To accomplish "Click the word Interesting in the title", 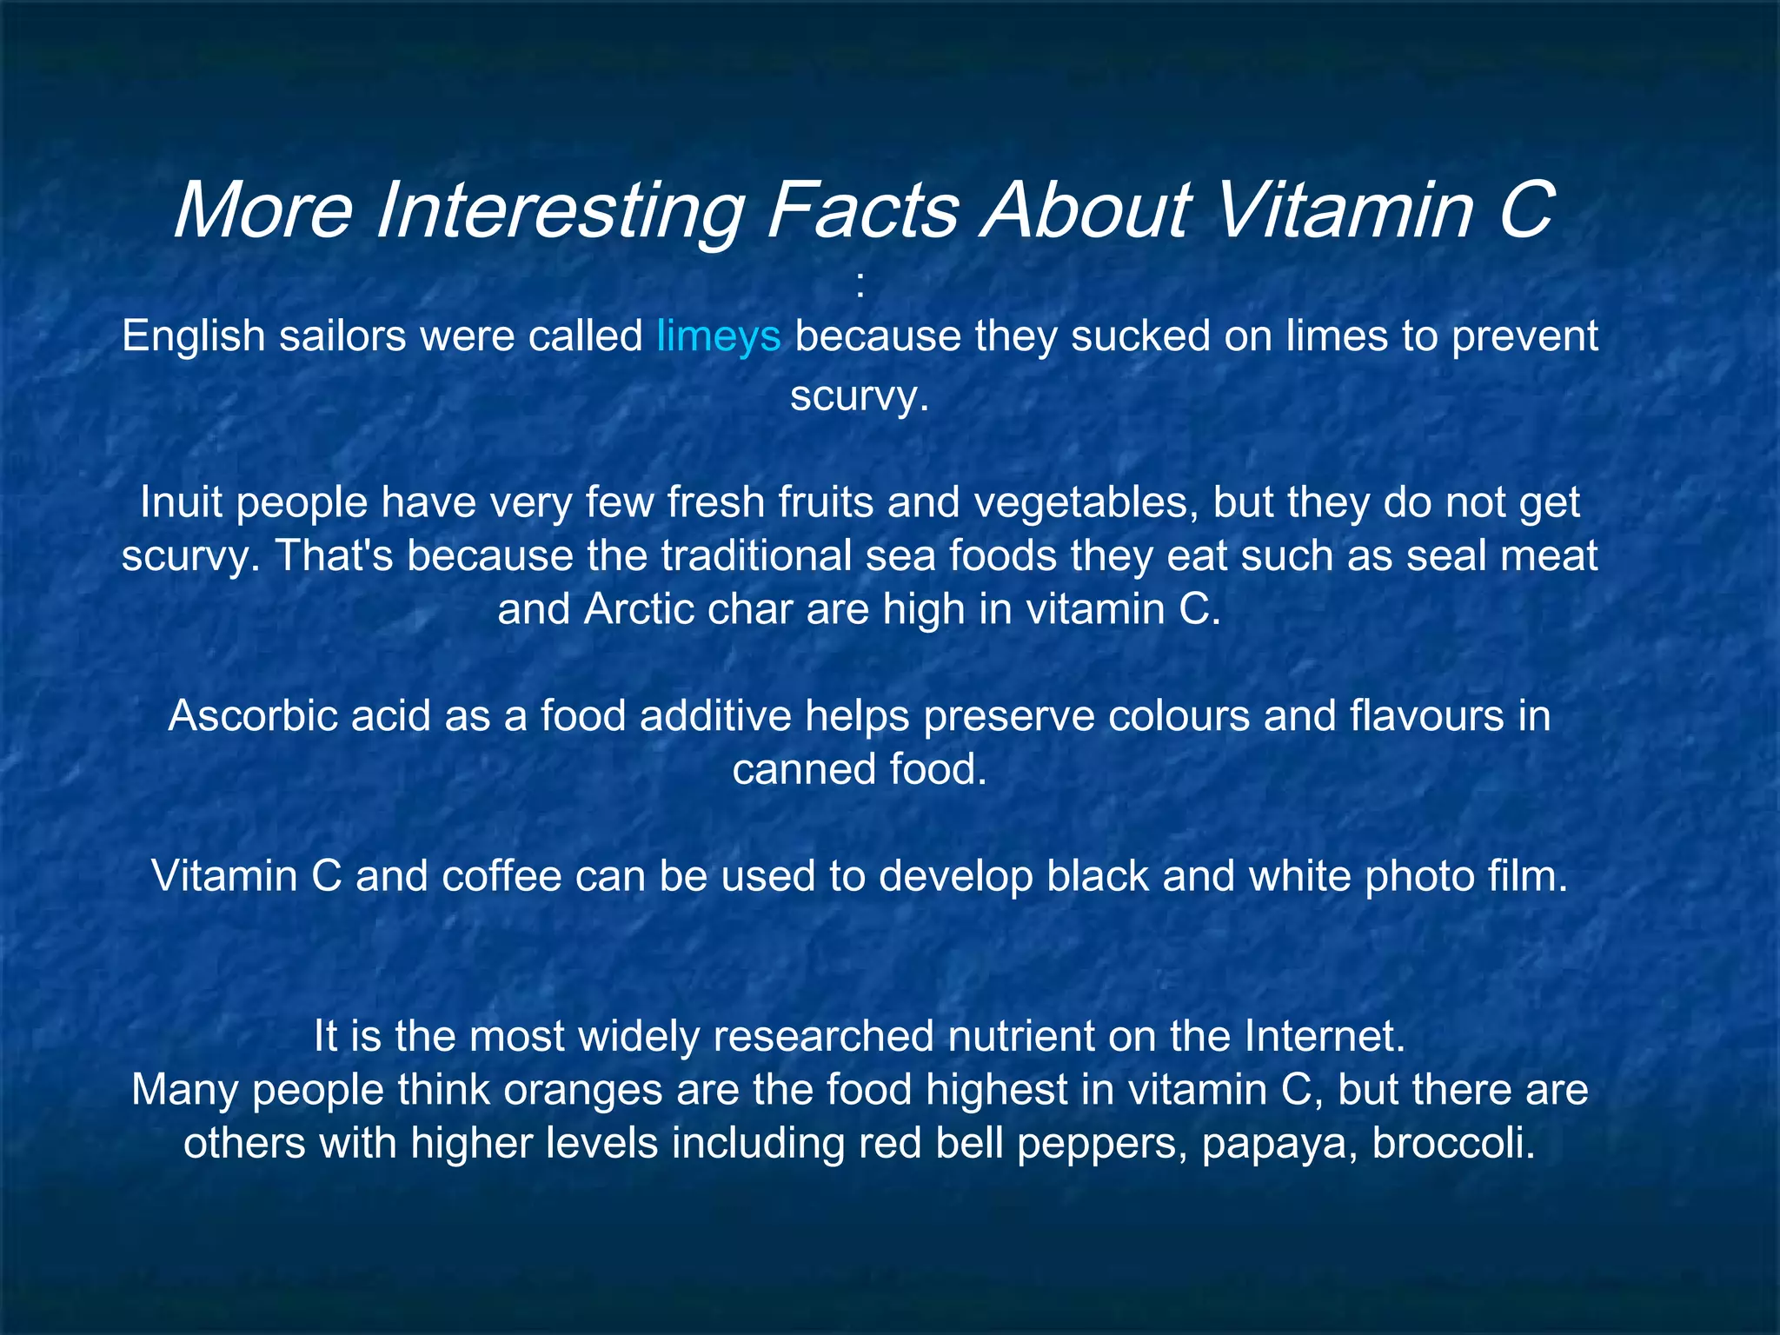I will coord(560,211).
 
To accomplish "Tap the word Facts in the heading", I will coord(862,211).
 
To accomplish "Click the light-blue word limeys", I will coord(719,336).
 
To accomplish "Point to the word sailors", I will coord(342,336).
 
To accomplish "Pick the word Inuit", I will coord(181,503).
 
